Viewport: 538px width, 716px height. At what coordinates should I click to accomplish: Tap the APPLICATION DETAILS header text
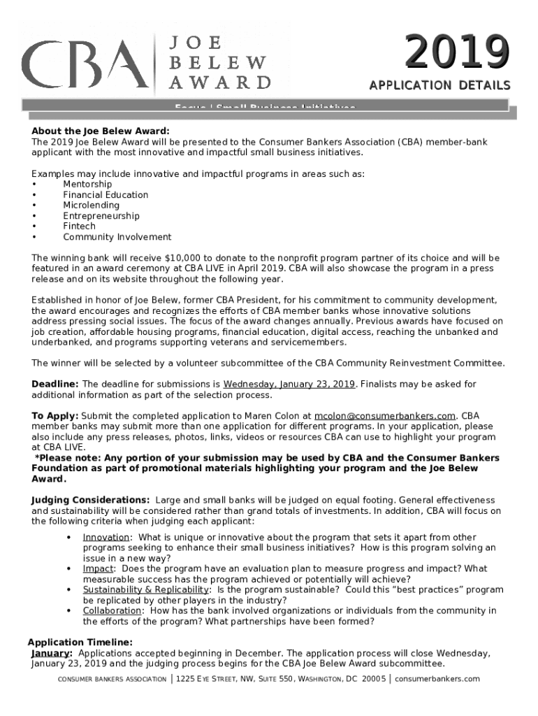point(439,85)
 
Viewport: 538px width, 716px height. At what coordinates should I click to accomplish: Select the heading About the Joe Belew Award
point(100,131)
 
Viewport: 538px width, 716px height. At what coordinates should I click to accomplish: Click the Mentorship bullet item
point(87,184)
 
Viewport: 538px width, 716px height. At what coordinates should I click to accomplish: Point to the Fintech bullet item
point(79,227)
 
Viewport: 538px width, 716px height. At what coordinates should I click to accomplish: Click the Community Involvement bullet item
point(117,237)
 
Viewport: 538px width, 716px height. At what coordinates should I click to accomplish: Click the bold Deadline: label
point(55,384)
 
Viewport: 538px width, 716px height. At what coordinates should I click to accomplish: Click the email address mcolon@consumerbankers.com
point(385,416)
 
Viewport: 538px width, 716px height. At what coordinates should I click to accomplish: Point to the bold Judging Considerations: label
point(90,501)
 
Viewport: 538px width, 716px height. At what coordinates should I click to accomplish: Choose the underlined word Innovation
point(106,537)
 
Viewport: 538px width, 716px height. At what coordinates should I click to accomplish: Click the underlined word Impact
point(98,568)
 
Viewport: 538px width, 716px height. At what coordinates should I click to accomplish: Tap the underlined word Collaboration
point(112,610)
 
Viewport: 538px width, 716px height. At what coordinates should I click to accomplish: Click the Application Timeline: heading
point(80,643)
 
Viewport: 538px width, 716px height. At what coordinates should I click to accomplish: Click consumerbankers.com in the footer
point(437,679)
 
